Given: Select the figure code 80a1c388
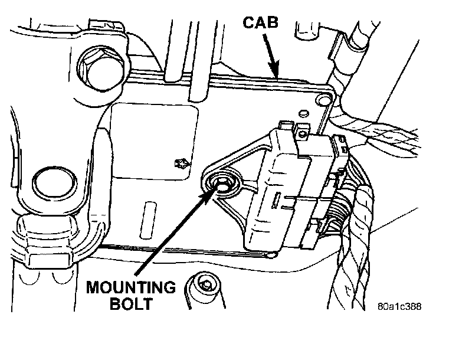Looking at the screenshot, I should coord(401,307).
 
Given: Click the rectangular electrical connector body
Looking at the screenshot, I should coord(277,195).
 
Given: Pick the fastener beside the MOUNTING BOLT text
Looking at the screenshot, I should coord(205,287).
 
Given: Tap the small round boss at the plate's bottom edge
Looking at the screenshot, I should coord(271,255).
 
